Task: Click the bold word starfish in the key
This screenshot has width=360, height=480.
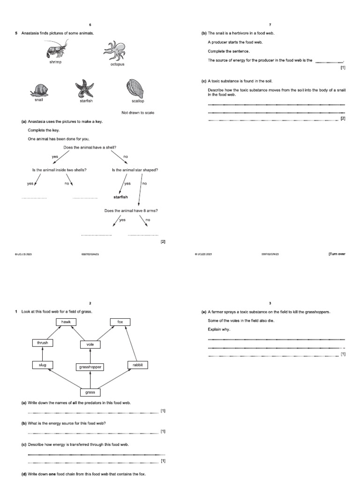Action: point(120,197)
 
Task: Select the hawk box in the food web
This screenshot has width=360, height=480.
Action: point(65,322)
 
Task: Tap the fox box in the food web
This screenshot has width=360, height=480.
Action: point(120,322)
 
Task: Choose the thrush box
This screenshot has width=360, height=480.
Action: point(43,343)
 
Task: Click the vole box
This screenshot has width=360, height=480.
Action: point(90,345)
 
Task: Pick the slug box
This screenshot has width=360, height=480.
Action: point(42,365)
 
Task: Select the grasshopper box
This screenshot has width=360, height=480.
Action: point(89,367)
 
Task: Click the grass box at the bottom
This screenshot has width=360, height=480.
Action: point(90,392)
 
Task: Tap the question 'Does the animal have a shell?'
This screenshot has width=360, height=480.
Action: point(90,148)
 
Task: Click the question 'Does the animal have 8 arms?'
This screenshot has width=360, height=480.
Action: point(131,210)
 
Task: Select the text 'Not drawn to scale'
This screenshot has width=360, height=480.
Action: point(138,112)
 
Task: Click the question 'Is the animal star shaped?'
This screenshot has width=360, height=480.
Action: point(135,170)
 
